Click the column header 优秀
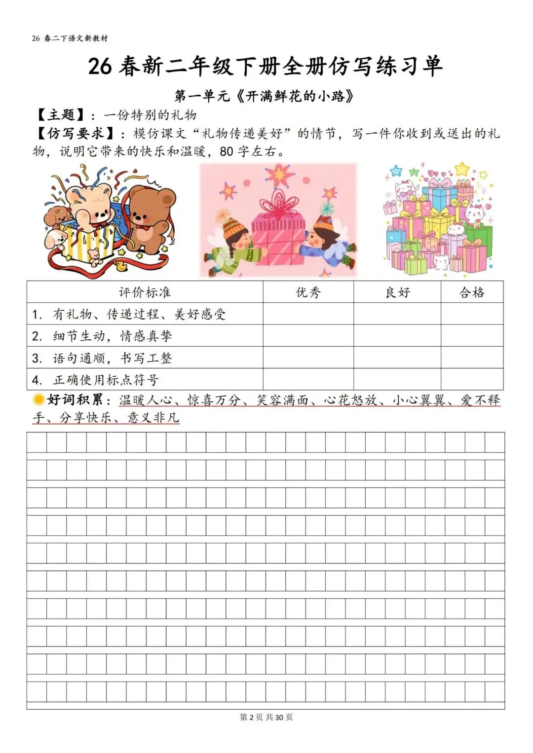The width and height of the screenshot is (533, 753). coord(308,292)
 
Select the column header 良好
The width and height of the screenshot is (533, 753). coord(397,292)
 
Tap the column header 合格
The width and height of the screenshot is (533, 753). coord(472,292)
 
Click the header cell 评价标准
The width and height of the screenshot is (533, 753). coord(145,292)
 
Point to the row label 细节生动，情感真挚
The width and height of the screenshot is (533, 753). coord(113,336)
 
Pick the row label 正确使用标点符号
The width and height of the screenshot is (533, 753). coord(106,380)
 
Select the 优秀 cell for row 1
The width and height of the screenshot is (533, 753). coord(308,314)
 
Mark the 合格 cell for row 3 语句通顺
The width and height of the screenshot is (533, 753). coord(472,358)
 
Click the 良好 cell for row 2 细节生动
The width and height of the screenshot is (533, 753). coord(397,336)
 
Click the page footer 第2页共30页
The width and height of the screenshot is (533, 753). coord(266,717)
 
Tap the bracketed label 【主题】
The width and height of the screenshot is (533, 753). coord(61,115)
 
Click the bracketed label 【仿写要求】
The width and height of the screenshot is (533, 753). coord(75,134)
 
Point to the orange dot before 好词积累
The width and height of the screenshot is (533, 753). coord(38,399)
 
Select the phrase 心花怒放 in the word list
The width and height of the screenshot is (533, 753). coord(351,400)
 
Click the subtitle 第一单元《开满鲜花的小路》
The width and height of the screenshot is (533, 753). coord(265,96)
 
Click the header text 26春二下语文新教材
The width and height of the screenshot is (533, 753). coord(70,38)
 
